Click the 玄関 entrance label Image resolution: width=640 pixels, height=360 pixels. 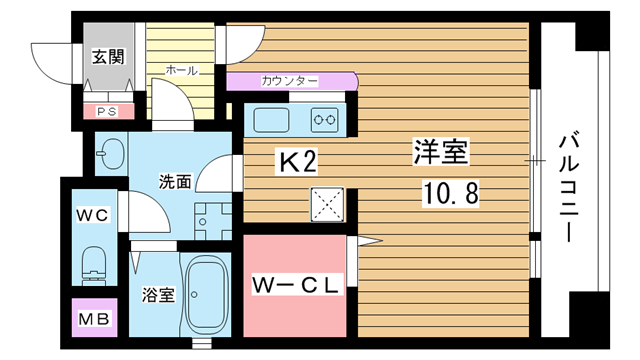coord(108,56)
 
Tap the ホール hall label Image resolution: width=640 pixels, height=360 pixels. coord(182,70)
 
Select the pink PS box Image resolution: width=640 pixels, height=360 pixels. coord(109,111)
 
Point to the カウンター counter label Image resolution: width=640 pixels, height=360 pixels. coord(289,81)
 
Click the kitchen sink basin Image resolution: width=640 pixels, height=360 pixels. coord(271,120)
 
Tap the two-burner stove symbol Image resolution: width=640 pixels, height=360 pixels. coord(324,120)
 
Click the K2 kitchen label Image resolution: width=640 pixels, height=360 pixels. coord(298,162)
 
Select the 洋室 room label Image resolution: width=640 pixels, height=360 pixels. coord(441,151)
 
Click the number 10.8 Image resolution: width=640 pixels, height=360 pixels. coord(450,193)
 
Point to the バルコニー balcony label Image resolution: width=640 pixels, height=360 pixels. coord(569,189)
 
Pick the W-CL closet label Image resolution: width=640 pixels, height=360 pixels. coord(295,285)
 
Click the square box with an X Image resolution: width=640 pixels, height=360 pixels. coord(327,204)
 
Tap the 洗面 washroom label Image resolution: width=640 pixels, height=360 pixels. coord(175,182)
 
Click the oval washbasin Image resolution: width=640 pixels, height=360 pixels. coord(111,154)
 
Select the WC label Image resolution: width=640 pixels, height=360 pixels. coord(93,215)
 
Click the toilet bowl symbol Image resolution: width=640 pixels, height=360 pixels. coord(94,265)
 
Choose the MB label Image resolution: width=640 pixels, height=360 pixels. coord(94,319)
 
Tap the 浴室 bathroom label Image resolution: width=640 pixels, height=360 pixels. coord(158,295)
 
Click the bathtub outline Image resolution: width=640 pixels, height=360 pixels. coord(207,294)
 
